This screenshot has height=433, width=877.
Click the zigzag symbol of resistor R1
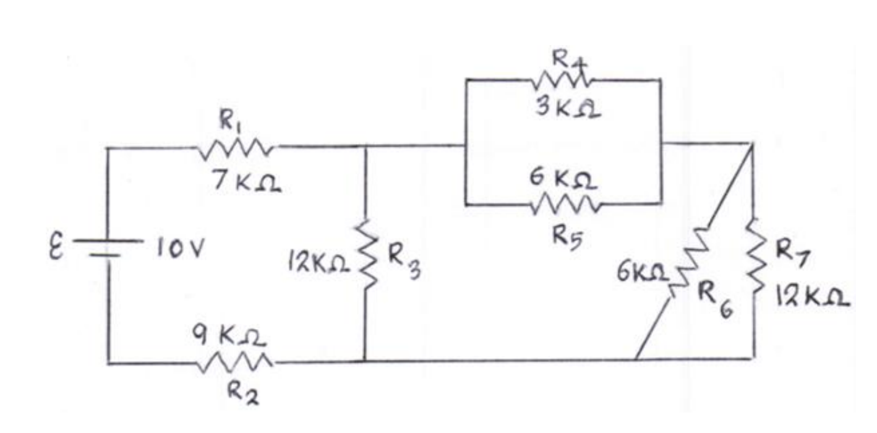pos(236,148)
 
